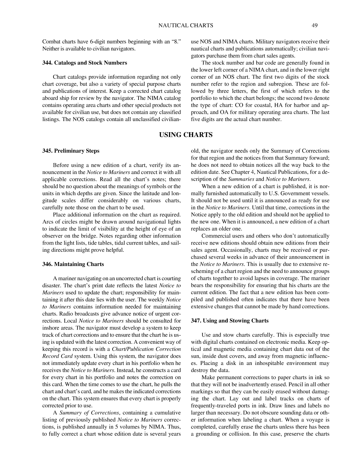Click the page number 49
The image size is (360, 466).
click(x=314, y=25)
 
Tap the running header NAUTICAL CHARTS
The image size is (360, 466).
click(x=186, y=25)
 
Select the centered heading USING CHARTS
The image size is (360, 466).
click(x=186, y=135)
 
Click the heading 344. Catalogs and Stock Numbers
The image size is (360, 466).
click(x=84, y=63)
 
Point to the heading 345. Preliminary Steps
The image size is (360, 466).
click(x=71, y=151)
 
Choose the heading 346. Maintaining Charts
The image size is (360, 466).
click(x=73, y=264)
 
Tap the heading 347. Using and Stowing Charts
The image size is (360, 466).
click(x=230, y=321)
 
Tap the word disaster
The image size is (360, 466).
click(x=52, y=286)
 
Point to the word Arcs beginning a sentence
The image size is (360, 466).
click(x=48, y=222)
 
